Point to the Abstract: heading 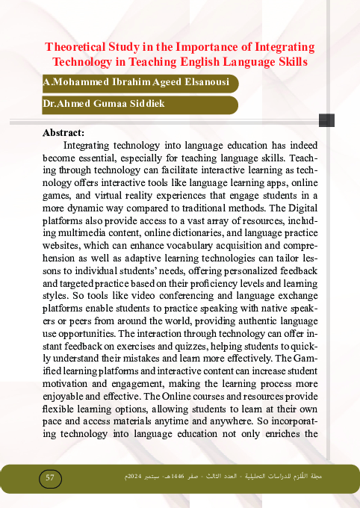64,133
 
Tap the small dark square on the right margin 326,120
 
